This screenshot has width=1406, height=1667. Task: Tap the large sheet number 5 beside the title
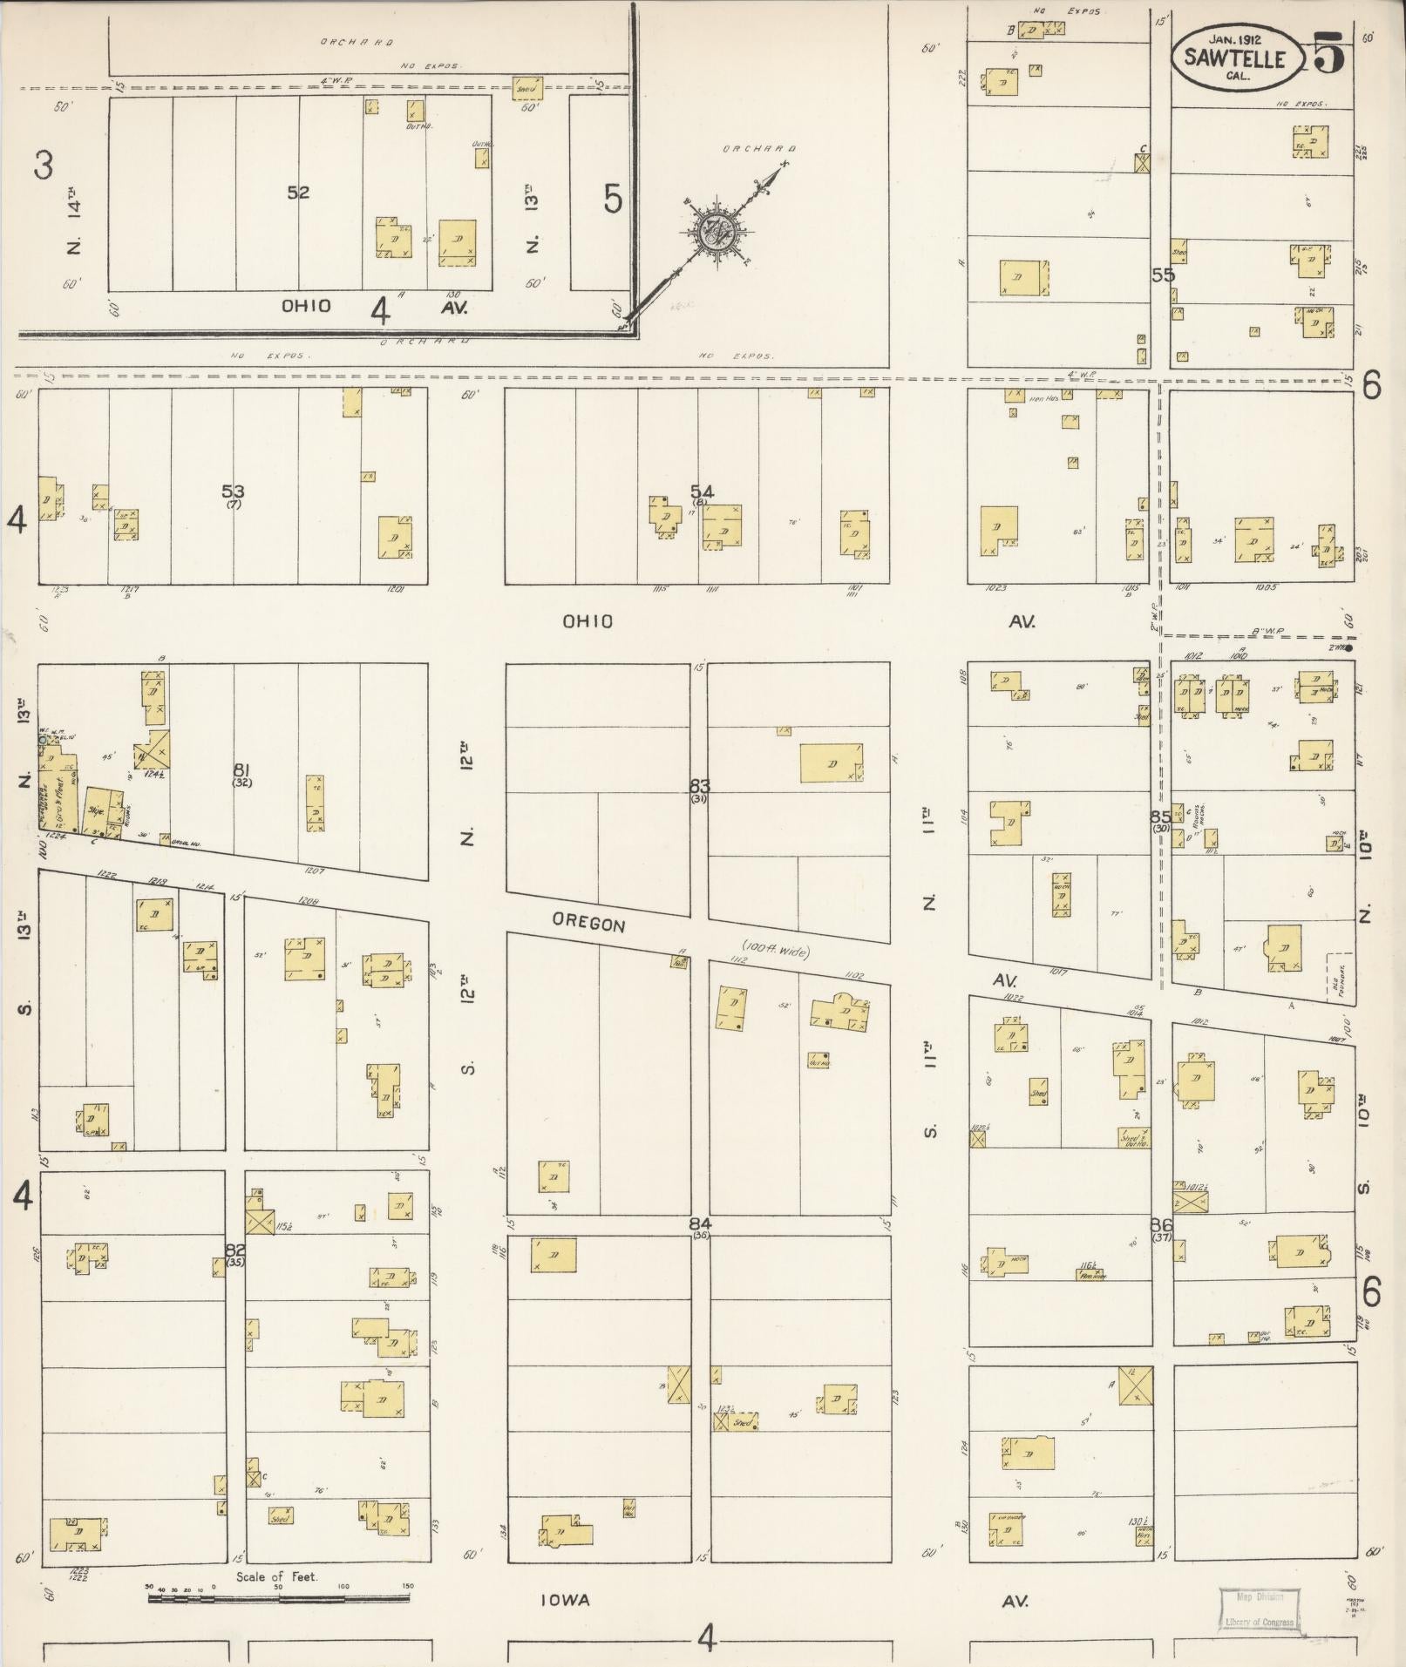click(x=1328, y=54)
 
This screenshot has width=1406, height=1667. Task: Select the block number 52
click(x=298, y=193)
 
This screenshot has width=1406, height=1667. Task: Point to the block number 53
click(x=233, y=491)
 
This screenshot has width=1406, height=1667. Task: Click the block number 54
click(x=702, y=491)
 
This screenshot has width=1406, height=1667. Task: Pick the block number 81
click(x=242, y=769)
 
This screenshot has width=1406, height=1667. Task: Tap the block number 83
click(x=700, y=785)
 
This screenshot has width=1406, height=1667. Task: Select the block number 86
click(x=1162, y=1224)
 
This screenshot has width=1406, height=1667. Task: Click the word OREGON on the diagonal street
click(x=588, y=923)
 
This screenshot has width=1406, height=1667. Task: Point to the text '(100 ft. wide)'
click(x=776, y=950)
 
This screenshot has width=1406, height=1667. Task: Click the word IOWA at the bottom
click(x=565, y=1600)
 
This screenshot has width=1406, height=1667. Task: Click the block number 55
click(x=1163, y=275)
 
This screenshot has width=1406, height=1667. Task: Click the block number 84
click(x=700, y=1223)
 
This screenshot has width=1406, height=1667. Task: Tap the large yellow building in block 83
click(x=831, y=762)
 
